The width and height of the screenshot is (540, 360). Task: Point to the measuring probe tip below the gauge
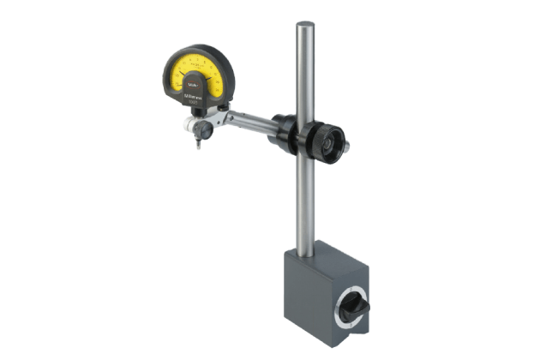click(x=198, y=145)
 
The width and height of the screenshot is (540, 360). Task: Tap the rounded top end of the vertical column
click(x=305, y=27)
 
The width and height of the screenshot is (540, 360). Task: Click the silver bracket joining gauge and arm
click(x=225, y=117)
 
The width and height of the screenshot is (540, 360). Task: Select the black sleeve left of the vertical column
click(x=286, y=129)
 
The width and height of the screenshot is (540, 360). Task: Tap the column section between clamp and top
click(x=305, y=73)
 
